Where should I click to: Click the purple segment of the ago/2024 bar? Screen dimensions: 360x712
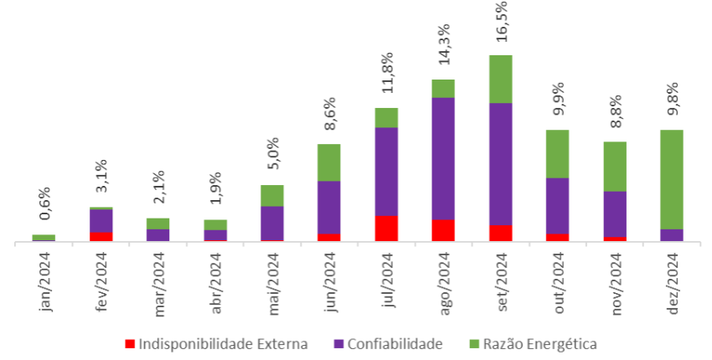point(443,158)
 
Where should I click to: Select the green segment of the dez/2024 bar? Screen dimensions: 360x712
point(672,179)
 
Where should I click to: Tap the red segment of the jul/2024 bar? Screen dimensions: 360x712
point(386,228)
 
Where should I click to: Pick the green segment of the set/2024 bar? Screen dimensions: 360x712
point(501,79)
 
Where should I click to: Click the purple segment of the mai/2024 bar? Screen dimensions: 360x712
point(272,223)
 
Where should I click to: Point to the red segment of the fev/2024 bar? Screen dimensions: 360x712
point(101,236)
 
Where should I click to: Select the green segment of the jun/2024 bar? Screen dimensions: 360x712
point(329,162)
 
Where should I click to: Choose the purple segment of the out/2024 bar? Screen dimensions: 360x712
point(558,205)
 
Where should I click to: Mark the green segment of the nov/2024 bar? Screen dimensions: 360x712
point(615,167)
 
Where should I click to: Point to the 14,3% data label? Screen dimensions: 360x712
point(444,47)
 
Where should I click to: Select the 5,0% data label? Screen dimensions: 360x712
point(273,155)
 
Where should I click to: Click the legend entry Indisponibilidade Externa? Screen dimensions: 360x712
point(215,344)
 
